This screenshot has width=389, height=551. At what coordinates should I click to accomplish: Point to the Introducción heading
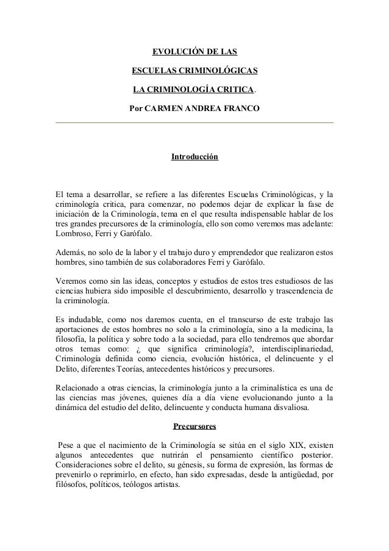coord(194,157)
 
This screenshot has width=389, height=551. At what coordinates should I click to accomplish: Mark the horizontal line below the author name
coord(194,123)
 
